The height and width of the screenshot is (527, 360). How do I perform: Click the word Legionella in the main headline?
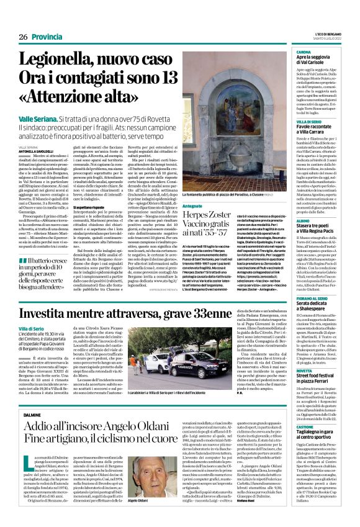(x=59, y=61)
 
